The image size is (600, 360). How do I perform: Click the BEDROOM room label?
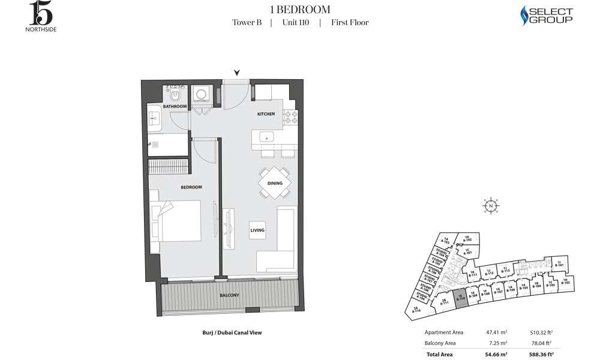point(191,187)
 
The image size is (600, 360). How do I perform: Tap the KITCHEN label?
point(266,114)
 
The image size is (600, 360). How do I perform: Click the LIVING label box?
point(257,230)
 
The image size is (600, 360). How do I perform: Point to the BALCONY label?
point(229,295)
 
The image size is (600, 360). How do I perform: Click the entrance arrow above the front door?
point(237,73)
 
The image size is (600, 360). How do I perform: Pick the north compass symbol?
point(491,206)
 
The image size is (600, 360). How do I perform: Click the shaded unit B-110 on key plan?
point(460,298)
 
